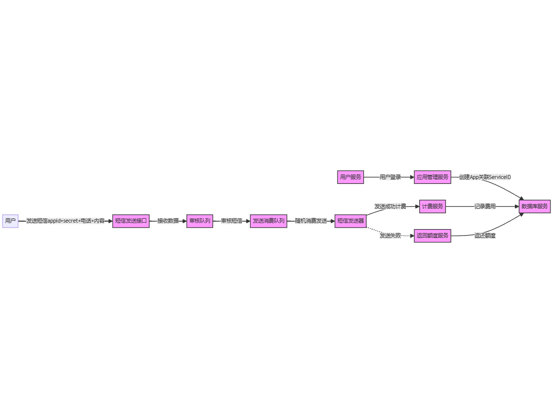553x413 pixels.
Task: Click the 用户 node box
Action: click(x=10, y=221)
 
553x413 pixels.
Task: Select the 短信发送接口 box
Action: click(x=131, y=221)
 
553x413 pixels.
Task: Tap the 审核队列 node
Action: click(x=200, y=221)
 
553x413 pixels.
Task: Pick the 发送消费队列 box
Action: click(x=269, y=221)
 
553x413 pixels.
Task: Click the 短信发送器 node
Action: click(x=350, y=221)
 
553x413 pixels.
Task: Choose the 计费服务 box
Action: click(x=433, y=206)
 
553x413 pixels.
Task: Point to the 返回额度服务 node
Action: click(x=433, y=236)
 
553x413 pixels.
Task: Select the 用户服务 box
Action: click(x=350, y=177)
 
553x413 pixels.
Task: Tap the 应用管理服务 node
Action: click(x=433, y=177)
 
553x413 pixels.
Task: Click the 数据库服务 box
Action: click(x=535, y=206)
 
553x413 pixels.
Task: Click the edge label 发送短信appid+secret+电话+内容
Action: click(x=65, y=221)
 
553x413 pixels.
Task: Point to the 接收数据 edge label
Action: click(x=168, y=221)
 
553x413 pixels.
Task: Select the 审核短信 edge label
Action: click(x=231, y=221)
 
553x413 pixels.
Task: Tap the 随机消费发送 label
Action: click(x=311, y=221)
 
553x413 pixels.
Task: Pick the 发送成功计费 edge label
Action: click(x=390, y=206)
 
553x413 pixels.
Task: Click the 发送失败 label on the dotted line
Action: click(x=390, y=236)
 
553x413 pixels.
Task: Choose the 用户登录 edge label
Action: click(x=390, y=177)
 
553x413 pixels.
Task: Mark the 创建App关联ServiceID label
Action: click(x=485, y=177)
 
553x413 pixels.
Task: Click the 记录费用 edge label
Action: click(x=485, y=206)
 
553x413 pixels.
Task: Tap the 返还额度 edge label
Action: click(x=485, y=236)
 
